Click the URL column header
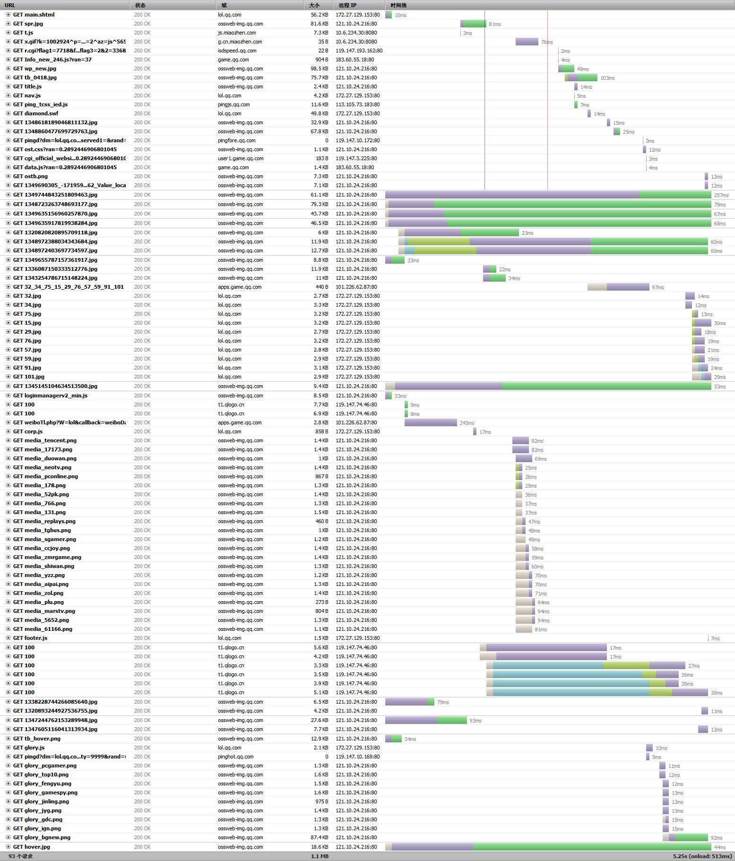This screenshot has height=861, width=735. (x=10, y=5)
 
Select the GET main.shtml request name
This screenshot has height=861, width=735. (x=34, y=15)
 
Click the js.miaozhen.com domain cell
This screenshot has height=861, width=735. (x=237, y=33)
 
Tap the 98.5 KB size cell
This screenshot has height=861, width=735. (x=319, y=69)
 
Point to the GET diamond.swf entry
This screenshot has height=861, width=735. (x=35, y=113)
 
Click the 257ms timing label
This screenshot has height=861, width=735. (x=721, y=195)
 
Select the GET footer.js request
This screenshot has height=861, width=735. (x=30, y=638)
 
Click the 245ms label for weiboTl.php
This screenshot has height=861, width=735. (x=467, y=423)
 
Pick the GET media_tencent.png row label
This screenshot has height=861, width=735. (x=44, y=440)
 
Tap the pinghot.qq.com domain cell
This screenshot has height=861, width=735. (x=235, y=757)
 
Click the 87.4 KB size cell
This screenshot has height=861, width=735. (x=319, y=837)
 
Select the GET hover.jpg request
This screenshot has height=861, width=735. (x=31, y=847)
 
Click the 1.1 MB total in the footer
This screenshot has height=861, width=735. (x=320, y=856)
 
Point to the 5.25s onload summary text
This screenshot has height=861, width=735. (x=702, y=856)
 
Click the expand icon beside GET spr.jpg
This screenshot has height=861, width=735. (x=8, y=24)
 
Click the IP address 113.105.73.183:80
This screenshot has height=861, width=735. (x=357, y=104)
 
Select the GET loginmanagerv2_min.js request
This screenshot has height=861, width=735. (x=50, y=396)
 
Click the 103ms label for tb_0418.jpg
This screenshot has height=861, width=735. (x=607, y=78)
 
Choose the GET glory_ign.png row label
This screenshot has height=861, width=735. (x=37, y=828)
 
